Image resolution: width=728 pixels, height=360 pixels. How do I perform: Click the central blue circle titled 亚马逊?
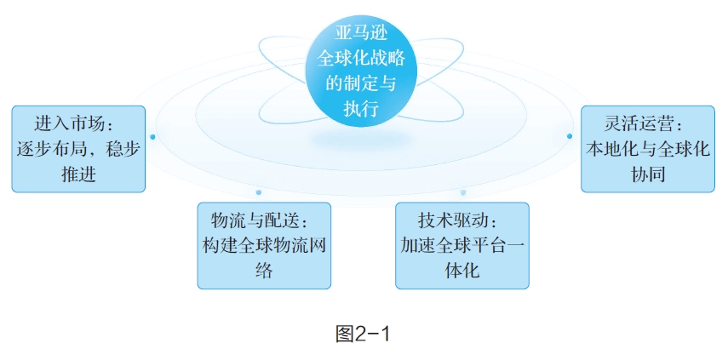pyautogui.click(x=364, y=72)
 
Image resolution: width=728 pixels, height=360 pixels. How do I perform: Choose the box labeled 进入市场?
pyautogui.click(x=77, y=149)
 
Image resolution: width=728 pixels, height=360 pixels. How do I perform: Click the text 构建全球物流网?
pyautogui.click(x=264, y=245)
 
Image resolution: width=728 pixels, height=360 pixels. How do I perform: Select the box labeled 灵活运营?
pyautogui.click(x=648, y=149)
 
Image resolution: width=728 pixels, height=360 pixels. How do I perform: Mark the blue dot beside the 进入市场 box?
pyautogui.click(x=152, y=136)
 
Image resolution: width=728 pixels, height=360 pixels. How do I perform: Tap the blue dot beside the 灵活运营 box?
pyautogui.click(x=570, y=136)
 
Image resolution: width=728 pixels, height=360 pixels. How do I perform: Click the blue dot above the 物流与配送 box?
pyautogui.click(x=258, y=192)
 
